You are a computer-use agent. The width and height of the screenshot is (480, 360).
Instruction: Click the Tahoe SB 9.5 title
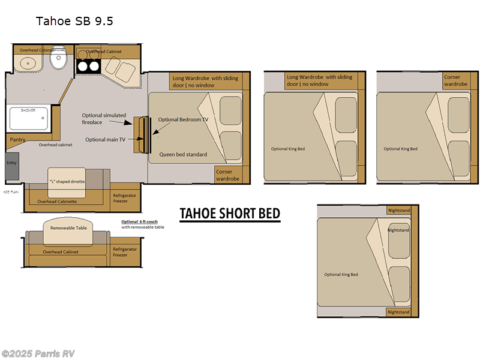[x=74, y=21]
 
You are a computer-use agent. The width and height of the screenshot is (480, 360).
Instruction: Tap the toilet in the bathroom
[x=58, y=59]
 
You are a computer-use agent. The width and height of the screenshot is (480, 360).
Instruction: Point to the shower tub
[x=28, y=118]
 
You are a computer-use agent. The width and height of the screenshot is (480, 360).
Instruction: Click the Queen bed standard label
[x=183, y=154]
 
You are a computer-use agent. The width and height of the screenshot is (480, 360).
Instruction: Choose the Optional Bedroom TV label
[x=183, y=119]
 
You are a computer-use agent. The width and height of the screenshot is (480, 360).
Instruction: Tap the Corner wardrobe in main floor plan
[x=227, y=175]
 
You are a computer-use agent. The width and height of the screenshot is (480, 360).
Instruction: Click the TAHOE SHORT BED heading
[x=230, y=214]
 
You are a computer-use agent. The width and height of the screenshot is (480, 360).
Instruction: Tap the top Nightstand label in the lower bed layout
[x=398, y=210]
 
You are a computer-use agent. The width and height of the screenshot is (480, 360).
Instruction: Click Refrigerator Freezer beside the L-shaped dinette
[x=125, y=199]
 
